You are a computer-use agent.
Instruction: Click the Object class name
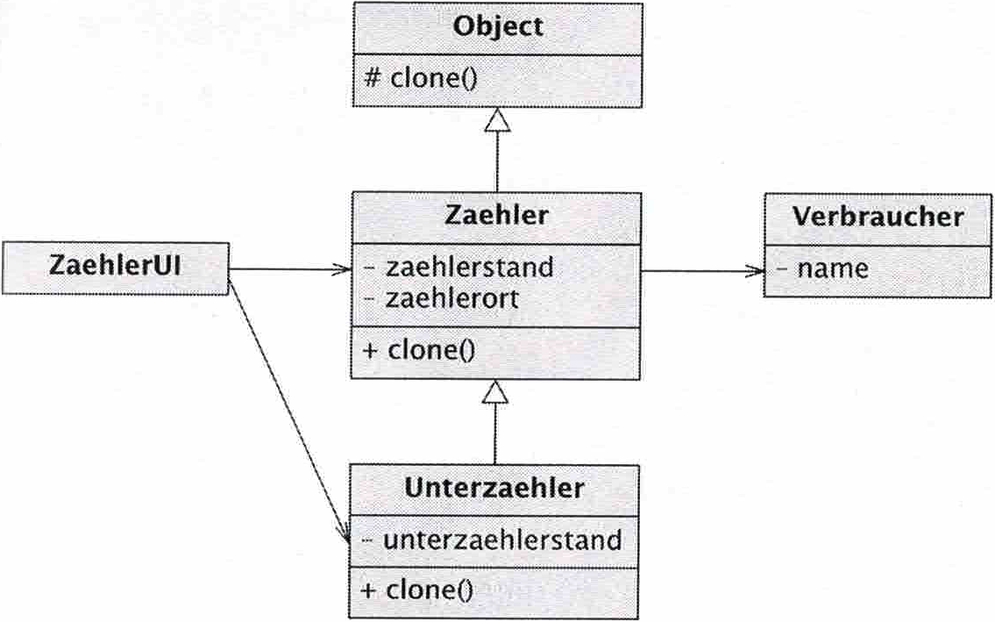[x=497, y=26]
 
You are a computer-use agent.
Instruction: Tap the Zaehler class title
[x=495, y=215]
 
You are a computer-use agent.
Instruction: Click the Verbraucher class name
[x=878, y=217]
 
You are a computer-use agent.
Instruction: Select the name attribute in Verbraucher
[x=823, y=268]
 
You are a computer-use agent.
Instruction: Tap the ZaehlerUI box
[x=116, y=267]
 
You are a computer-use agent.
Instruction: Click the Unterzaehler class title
[x=494, y=488]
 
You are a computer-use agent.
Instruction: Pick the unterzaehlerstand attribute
[x=492, y=539]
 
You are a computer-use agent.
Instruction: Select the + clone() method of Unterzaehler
[x=417, y=589]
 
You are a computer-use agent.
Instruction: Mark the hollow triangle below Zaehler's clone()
[x=495, y=392]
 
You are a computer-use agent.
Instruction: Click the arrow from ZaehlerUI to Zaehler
[x=289, y=270]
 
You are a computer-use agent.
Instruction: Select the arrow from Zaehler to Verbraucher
[x=701, y=271]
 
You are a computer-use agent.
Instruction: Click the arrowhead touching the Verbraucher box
[x=755, y=271]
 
